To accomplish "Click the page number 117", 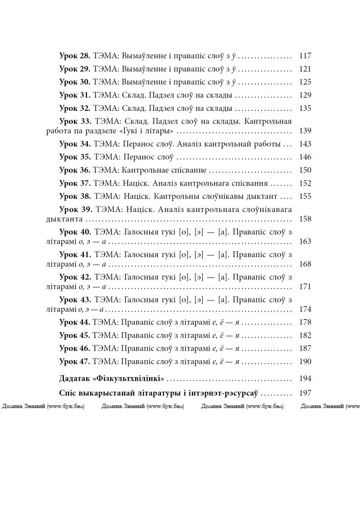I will (x=304, y=55).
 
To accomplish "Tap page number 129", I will (x=304, y=95).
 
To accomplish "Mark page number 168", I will (x=304, y=264).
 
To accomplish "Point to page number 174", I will (x=304, y=309).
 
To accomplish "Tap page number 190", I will (x=304, y=361).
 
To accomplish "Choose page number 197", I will (x=304, y=394).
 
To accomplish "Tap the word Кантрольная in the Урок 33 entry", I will (x=268, y=122).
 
